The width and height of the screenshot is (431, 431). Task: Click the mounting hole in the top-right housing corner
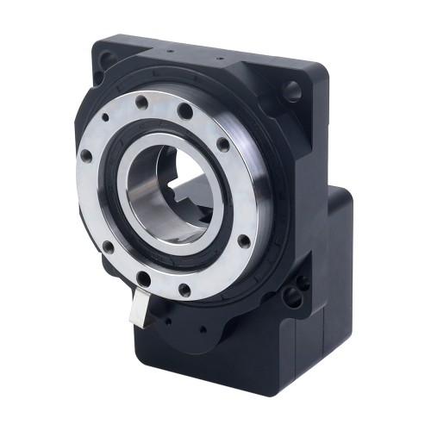coord(292,88)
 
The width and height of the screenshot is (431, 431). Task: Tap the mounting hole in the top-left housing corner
coord(106,59)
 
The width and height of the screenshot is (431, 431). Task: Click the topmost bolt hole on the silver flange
coord(184,109)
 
